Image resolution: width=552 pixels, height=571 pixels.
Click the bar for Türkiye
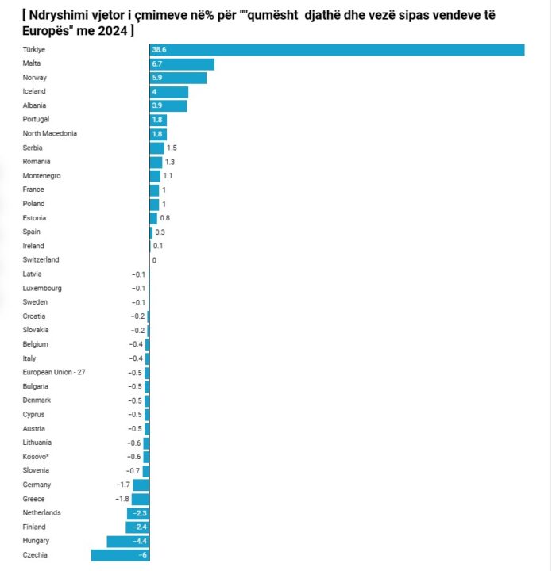(x=337, y=50)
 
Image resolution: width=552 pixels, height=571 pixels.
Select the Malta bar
(x=182, y=63)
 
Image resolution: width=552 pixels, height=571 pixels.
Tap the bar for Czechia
(x=120, y=555)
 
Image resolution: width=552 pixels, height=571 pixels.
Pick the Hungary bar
(x=128, y=541)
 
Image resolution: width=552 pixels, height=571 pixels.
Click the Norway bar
(x=178, y=78)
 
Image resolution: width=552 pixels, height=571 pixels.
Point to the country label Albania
(x=35, y=105)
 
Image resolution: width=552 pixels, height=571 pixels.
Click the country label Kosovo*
(x=37, y=457)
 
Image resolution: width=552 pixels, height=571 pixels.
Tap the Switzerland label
(x=41, y=260)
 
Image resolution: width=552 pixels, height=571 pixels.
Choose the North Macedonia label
(x=50, y=134)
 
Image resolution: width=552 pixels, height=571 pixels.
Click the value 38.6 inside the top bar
(x=159, y=50)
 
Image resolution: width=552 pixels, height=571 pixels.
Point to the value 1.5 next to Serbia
(x=172, y=148)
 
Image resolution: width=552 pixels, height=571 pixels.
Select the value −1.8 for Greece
(x=122, y=499)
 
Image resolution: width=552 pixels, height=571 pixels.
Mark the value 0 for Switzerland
(x=154, y=260)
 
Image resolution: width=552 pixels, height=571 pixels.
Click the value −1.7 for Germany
(x=123, y=485)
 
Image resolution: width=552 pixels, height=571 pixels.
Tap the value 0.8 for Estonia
(x=165, y=218)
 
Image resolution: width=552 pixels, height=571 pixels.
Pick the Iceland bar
(x=169, y=92)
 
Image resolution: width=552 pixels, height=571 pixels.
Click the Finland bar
(x=137, y=527)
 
